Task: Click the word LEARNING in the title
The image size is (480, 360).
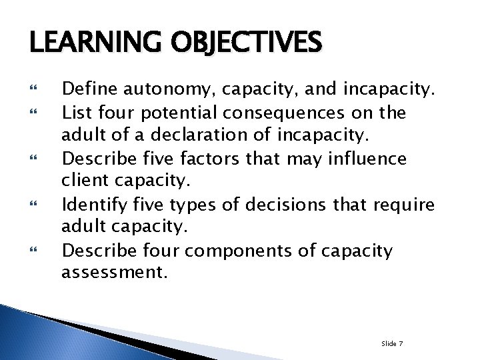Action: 87,44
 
